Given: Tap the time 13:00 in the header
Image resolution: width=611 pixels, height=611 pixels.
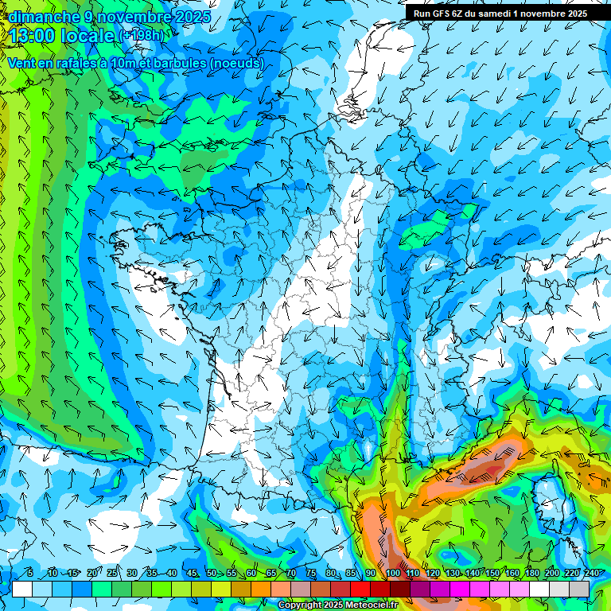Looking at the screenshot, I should pyautogui.click(x=33, y=36).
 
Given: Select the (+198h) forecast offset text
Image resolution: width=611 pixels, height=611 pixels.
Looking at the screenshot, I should pyautogui.click(x=142, y=36).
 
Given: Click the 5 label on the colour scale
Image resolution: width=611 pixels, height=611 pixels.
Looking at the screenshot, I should pyautogui.click(x=30, y=573).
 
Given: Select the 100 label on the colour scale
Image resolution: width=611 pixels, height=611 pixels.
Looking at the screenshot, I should pyautogui.click(x=392, y=573).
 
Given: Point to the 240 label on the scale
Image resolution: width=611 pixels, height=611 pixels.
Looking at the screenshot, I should pyautogui.click(x=591, y=573).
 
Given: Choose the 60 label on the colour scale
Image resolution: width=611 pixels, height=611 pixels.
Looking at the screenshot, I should pyautogui.click(x=251, y=573).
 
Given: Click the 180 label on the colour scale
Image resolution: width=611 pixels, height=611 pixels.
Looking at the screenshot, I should pyautogui.click(x=531, y=573).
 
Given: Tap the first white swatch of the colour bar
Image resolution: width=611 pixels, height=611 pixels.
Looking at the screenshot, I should pyautogui.click(x=22, y=589).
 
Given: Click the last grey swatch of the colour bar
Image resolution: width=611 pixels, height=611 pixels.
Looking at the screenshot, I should pyautogui.click(x=579, y=589).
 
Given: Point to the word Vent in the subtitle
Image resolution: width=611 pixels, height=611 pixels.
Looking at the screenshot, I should pyautogui.click(x=22, y=63).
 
